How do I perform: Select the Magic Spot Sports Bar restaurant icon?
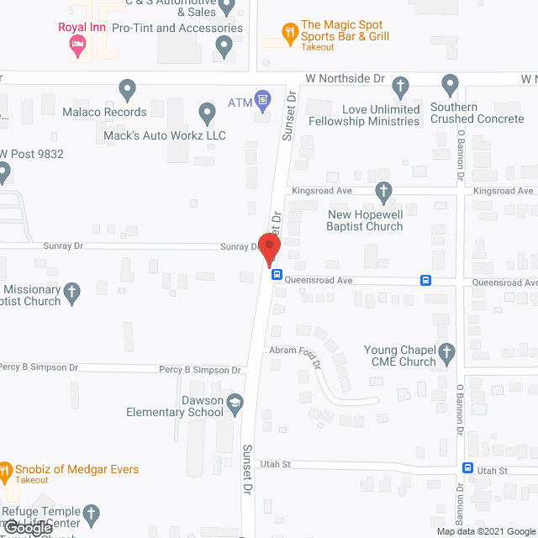[x=290, y=33]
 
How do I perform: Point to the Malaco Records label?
[x=104, y=112]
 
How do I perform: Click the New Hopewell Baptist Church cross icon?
[x=384, y=193]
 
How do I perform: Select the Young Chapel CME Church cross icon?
[x=447, y=351]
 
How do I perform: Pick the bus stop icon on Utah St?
[x=468, y=468]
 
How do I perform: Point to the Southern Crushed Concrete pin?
[x=450, y=84]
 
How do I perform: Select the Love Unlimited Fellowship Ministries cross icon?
[x=401, y=85]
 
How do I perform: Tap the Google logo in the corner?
[x=28, y=529]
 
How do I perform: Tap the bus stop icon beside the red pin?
[x=277, y=273]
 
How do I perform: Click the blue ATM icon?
[x=263, y=101]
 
